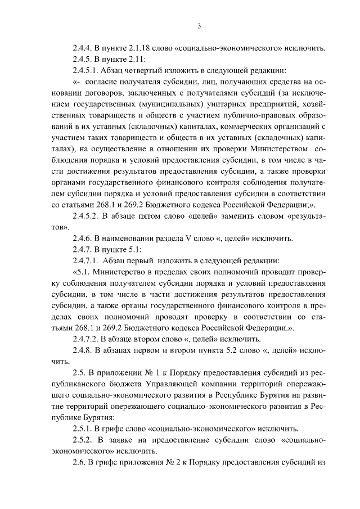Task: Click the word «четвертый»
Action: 151,71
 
